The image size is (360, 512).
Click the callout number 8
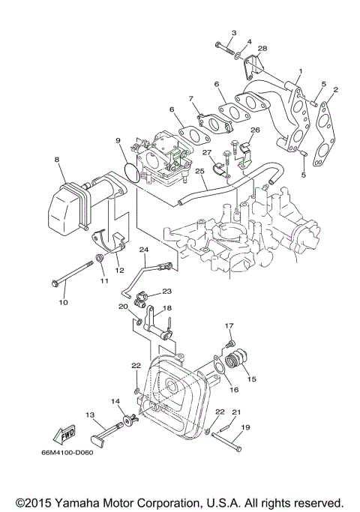[x=56, y=160]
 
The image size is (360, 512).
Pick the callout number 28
[x=262, y=49]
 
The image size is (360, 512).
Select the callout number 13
[x=89, y=414]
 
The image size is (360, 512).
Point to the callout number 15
[x=251, y=379]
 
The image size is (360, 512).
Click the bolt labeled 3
[x=222, y=46]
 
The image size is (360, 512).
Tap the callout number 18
[x=166, y=307]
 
